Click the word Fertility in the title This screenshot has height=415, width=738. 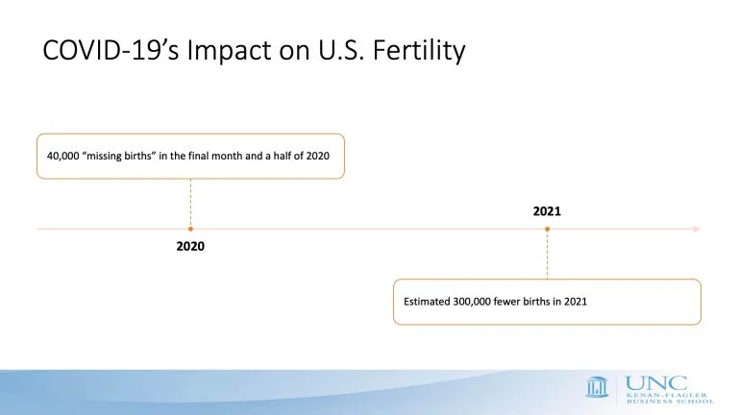click(x=419, y=51)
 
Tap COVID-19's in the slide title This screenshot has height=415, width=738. click(x=111, y=50)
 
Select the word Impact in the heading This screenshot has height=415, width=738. click(x=229, y=51)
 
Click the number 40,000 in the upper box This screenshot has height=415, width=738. click(x=63, y=157)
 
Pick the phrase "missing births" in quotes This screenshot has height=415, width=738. click(x=118, y=156)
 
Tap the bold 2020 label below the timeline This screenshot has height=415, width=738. click(x=190, y=246)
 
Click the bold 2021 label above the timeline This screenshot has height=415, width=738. click(x=547, y=211)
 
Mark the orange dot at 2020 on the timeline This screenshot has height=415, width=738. click(x=190, y=230)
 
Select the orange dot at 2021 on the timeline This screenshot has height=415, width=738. click(x=548, y=230)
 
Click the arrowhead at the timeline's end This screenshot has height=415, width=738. click(x=697, y=230)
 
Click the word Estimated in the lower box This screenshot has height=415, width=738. click(x=427, y=302)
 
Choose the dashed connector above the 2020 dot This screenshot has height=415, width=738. click(x=190, y=203)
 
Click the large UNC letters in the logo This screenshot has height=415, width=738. click(x=656, y=383)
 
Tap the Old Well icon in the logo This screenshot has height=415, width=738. click(x=597, y=387)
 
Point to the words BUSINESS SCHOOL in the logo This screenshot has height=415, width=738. click(x=670, y=402)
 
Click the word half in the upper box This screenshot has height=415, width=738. click(x=282, y=156)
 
